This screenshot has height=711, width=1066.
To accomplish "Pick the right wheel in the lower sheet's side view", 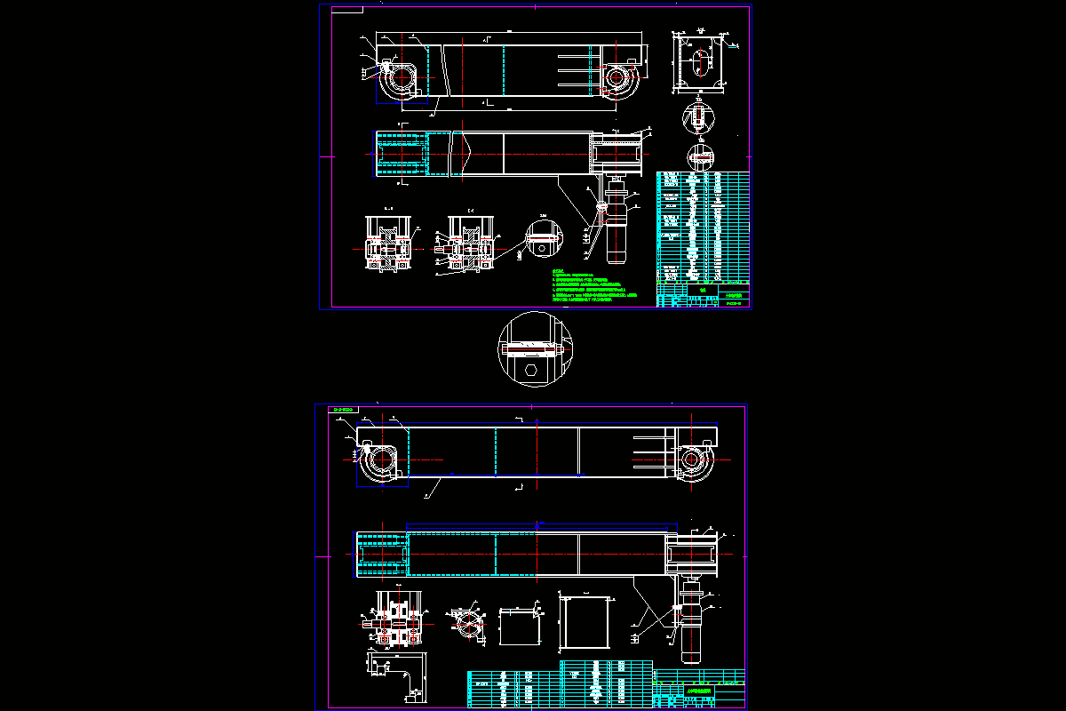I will [692, 460].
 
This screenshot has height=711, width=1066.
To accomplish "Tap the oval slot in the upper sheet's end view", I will [701, 63].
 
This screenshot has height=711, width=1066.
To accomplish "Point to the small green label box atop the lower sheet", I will [342, 410].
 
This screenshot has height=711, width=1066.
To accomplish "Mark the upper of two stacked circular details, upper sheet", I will [699, 117].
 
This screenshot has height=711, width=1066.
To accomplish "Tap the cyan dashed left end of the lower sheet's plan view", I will [382, 554].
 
